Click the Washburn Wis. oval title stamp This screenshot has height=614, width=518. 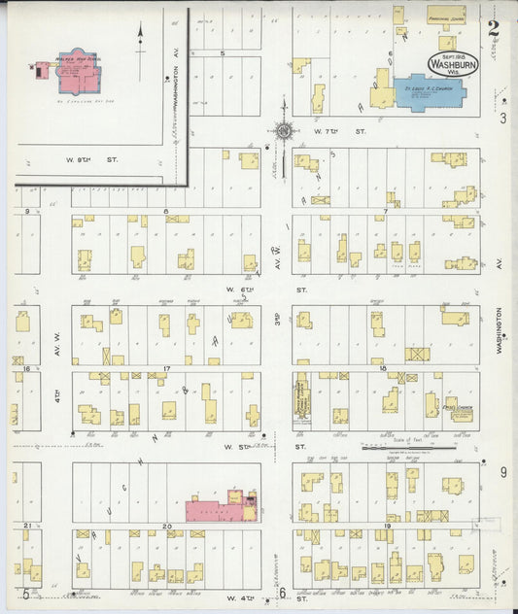click(x=453, y=63)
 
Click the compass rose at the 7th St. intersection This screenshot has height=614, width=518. click(x=284, y=129)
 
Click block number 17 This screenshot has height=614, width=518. click(x=166, y=369)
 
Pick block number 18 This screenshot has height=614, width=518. click(x=383, y=369)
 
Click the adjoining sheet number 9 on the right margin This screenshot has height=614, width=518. click(x=502, y=472)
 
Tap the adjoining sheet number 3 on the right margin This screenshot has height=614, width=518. click(x=502, y=119)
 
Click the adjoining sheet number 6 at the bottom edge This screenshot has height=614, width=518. click(x=282, y=593)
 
